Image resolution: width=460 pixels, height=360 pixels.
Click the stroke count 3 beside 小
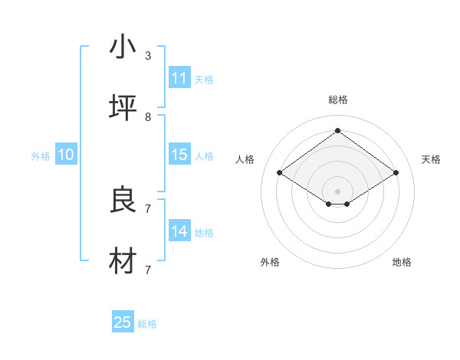coord(148,56)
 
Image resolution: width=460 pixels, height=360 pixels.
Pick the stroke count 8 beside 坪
coord(148,117)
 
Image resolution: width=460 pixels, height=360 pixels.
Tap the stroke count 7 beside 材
coord(148,270)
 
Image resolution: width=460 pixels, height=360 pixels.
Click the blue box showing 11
coord(179,78)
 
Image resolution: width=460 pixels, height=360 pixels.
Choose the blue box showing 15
coord(179,155)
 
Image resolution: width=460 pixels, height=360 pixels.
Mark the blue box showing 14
coord(179,231)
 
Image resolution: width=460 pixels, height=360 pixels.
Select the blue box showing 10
coord(66,155)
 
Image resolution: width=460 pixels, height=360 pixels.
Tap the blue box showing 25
coord(123,322)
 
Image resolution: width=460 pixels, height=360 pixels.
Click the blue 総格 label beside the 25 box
coord(147,324)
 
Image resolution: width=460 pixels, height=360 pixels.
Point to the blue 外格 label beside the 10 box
coord(41,156)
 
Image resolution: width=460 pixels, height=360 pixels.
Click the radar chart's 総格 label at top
coord(338,100)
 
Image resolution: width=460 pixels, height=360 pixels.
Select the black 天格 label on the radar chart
coord(431,159)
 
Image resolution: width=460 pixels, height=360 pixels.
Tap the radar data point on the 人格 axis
coord(280,173)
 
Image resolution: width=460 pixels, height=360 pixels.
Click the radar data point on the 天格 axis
coord(396,173)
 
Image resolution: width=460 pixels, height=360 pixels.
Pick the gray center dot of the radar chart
coord(337,191)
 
